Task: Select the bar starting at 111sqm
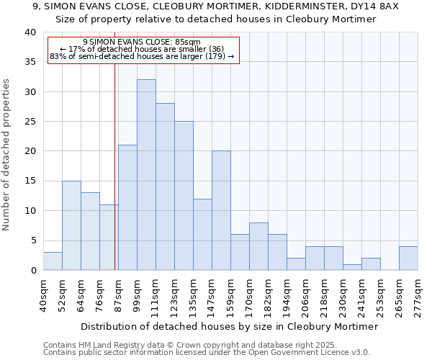click(x=165, y=186)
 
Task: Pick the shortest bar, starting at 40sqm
click(x=53, y=261)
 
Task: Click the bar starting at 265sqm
click(x=408, y=258)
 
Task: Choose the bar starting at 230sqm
click(x=352, y=267)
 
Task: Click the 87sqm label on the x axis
click(x=118, y=295)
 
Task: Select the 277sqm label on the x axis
click(x=418, y=295)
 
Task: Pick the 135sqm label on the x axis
click(x=193, y=295)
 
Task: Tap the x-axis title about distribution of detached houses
click(x=230, y=326)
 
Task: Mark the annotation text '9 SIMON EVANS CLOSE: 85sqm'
click(x=142, y=42)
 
